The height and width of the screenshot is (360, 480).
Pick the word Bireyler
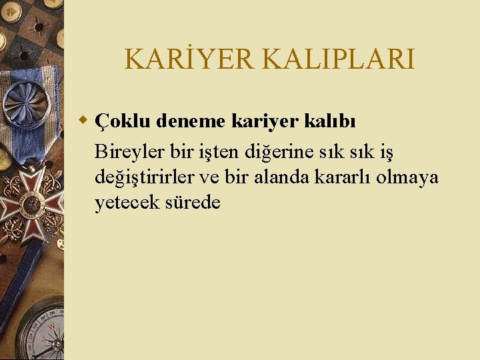129,153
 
